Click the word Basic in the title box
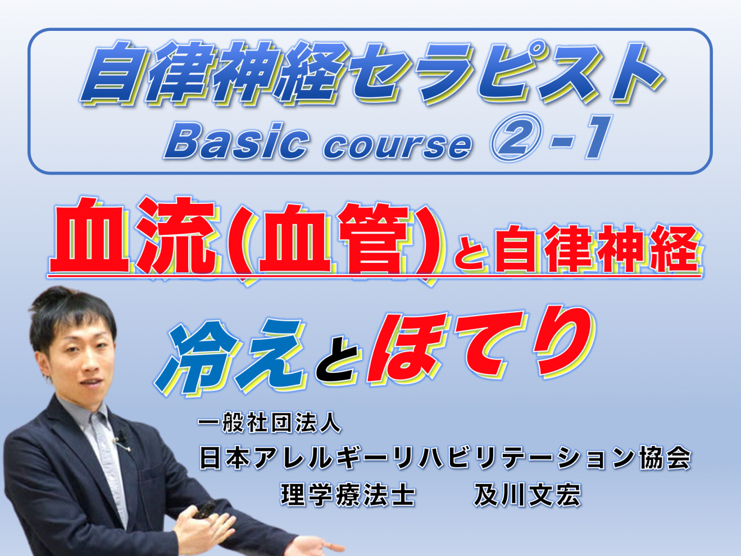(237, 140)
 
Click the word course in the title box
(397, 145)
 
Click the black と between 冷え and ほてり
(338, 361)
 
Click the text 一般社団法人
(269, 422)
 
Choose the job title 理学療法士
(348, 495)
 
